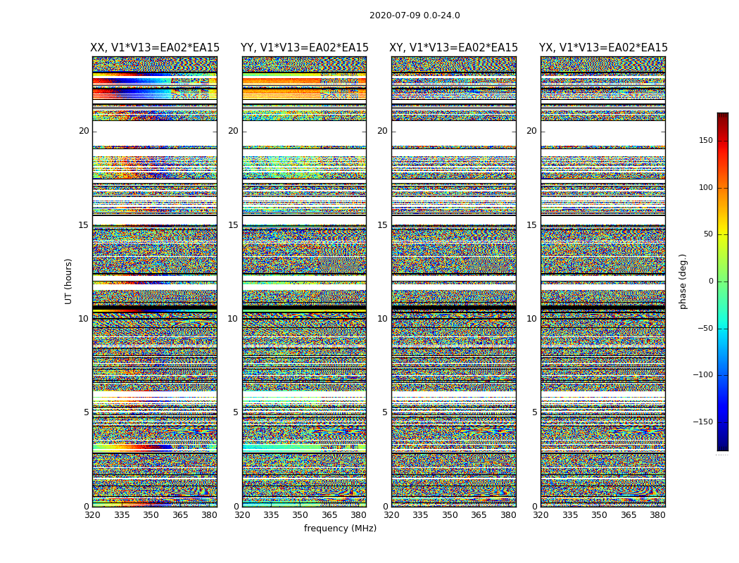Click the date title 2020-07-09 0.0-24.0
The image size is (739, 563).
(x=415, y=15)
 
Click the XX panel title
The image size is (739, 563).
(x=155, y=48)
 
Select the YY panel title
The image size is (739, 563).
(x=304, y=48)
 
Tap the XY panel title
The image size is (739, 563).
(x=454, y=48)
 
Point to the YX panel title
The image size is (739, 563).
(x=603, y=48)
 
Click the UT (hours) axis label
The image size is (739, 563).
(x=69, y=281)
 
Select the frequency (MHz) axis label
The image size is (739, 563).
(x=340, y=529)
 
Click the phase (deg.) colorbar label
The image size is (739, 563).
(x=683, y=281)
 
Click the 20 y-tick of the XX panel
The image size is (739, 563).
(x=84, y=131)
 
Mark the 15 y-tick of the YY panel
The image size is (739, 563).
(x=233, y=225)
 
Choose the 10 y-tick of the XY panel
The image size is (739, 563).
(x=382, y=319)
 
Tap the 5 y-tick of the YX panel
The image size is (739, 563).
(x=534, y=412)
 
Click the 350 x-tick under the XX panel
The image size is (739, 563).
(x=151, y=515)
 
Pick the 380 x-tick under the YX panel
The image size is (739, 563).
(x=657, y=515)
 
